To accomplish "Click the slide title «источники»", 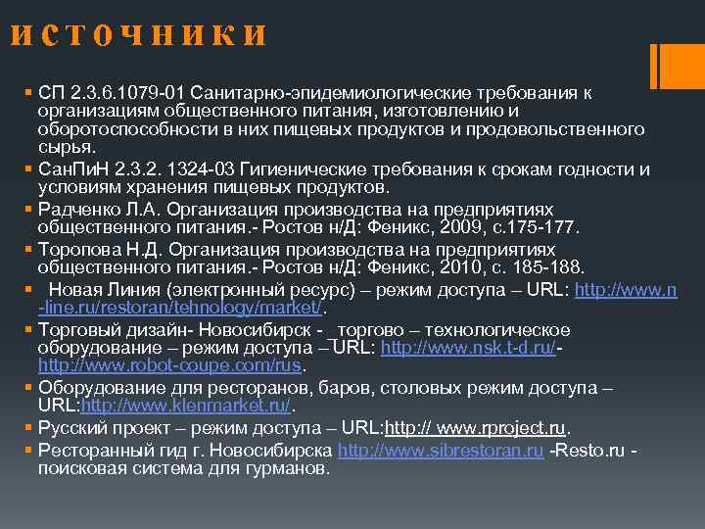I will pyautogui.click(x=138, y=36).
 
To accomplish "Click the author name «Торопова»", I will pyautogui.click(x=75, y=249).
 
